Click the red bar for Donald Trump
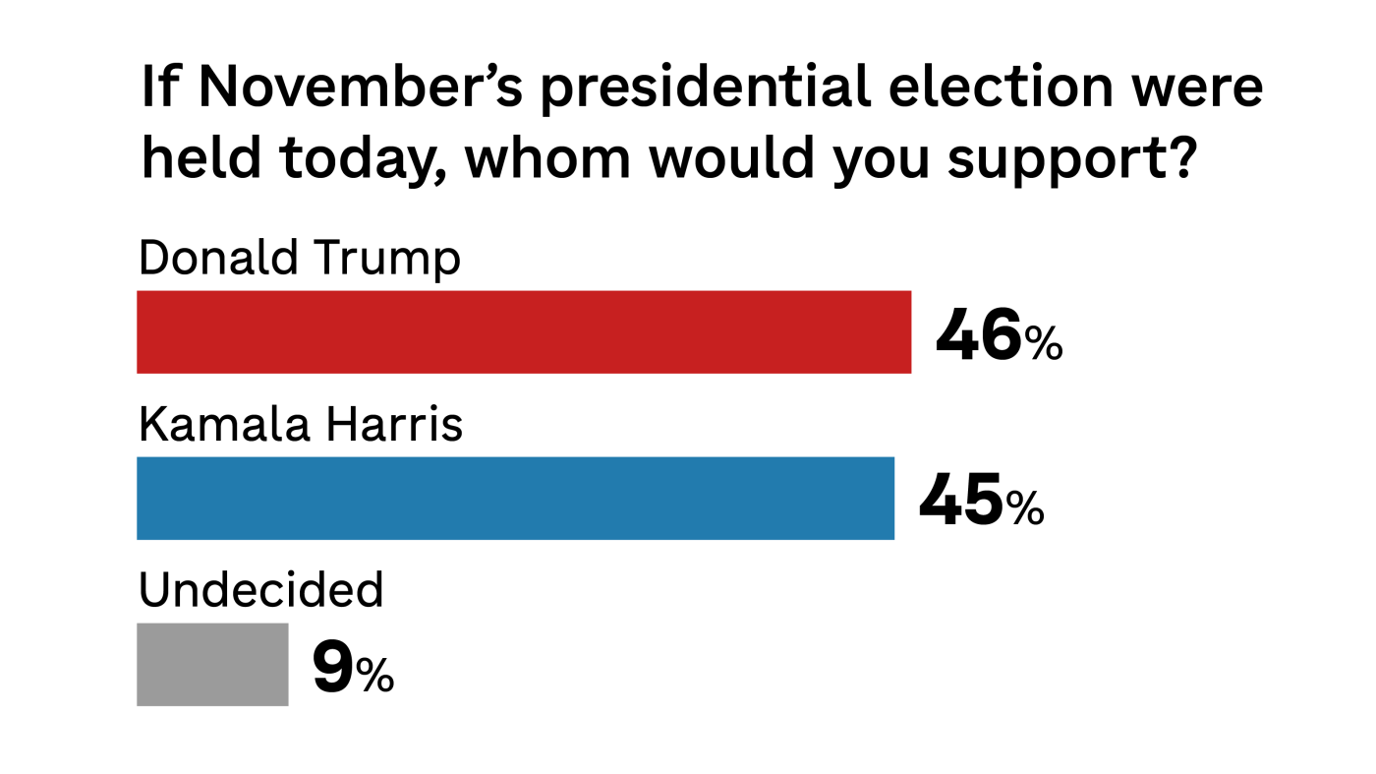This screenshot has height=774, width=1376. (524, 332)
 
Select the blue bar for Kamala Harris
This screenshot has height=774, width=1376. (515, 499)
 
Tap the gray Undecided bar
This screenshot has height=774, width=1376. (212, 665)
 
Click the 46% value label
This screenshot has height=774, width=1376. (999, 336)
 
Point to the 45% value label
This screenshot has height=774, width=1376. (981, 503)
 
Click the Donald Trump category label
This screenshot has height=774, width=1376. (300, 259)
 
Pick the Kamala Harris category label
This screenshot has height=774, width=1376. (301, 425)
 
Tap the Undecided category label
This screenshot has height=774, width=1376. (260, 590)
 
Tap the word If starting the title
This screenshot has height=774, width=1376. (160, 88)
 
